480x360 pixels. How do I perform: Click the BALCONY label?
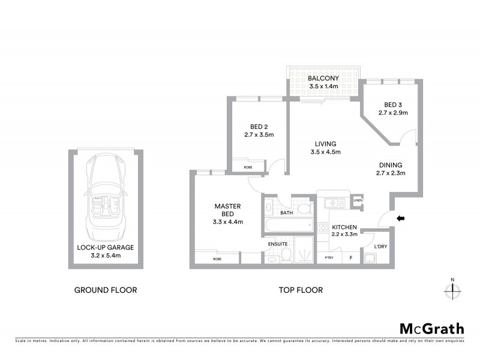pos(323,79)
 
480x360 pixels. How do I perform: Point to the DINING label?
pos(390,165)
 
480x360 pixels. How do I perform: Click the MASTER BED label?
pos(227,209)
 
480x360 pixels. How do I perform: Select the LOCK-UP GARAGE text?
pos(105,247)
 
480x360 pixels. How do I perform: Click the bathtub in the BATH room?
pos(289,227)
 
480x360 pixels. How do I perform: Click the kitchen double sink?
pos(332,203)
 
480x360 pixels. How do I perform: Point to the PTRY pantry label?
pos(329,258)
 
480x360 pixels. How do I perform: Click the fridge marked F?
pos(351,258)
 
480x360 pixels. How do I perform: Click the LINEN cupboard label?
pos(358,200)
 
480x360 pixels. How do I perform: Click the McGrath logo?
pos(432,328)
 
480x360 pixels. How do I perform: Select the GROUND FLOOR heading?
pos(106,290)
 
